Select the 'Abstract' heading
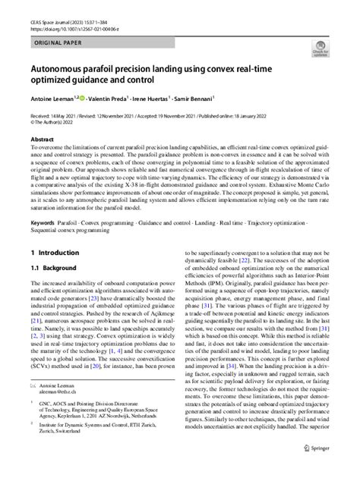coord(43,140)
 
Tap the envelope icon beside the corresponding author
coord(33,407)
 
